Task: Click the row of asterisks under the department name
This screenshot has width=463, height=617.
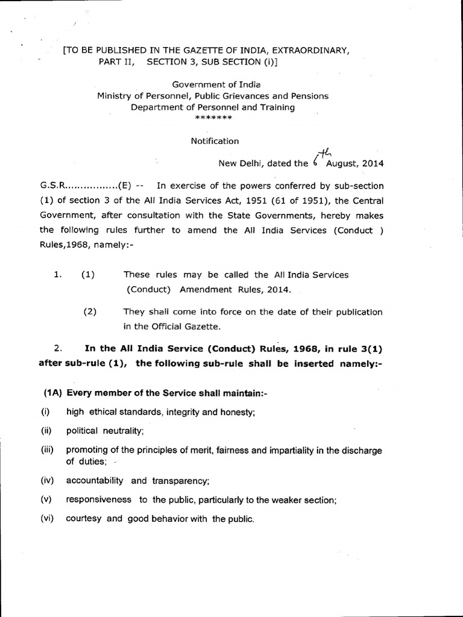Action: click(214, 117)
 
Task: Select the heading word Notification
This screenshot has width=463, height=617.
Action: click(215, 141)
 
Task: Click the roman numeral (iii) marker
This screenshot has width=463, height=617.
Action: click(48, 450)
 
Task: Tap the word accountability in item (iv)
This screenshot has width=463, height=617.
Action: click(95, 480)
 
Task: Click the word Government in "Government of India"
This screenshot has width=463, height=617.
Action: click(201, 84)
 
